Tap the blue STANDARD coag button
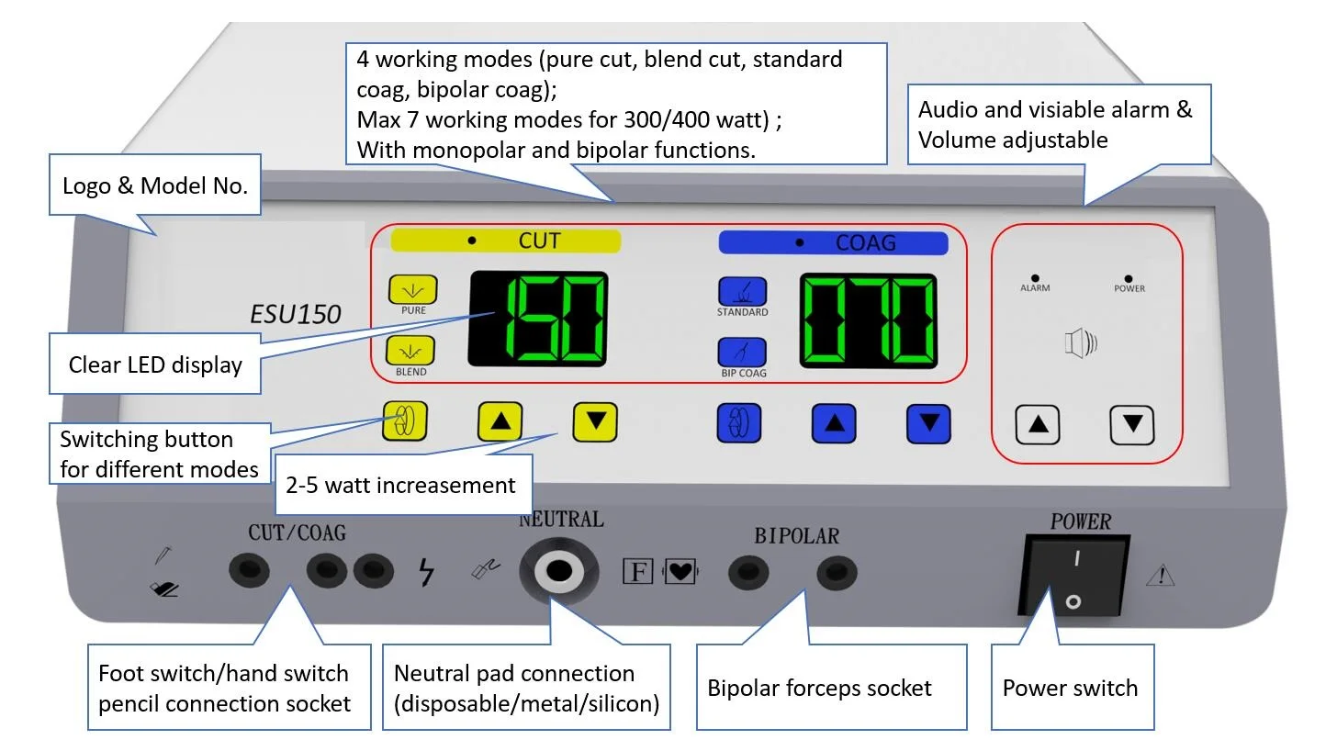click(x=743, y=291)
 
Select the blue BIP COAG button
click(x=742, y=353)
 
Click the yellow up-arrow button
click(x=500, y=421)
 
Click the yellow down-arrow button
click(x=595, y=422)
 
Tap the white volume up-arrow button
click(x=1038, y=425)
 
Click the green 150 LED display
click(x=538, y=319)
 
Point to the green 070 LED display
click(x=869, y=320)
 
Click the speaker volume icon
click(x=1081, y=343)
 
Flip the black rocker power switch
click(x=1074, y=576)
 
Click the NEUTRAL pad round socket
click(x=558, y=571)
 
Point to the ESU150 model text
click(x=295, y=314)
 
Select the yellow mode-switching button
click(x=405, y=420)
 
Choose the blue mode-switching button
click(x=739, y=423)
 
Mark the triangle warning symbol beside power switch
click(x=1161, y=576)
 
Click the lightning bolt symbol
click(x=426, y=572)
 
